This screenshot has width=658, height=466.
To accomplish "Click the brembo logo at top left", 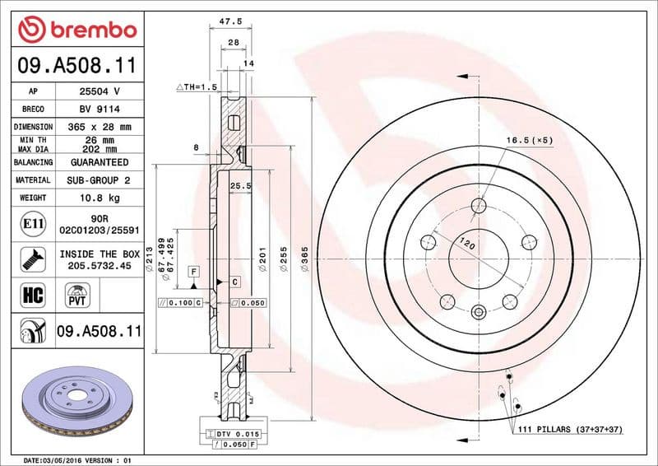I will (76, 30).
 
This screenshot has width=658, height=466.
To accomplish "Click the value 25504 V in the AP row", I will (99, 91).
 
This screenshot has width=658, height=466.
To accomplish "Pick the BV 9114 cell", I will (99, 109).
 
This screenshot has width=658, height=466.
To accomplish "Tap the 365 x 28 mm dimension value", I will (99, 127).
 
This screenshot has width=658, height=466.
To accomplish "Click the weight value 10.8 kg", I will (99, 198).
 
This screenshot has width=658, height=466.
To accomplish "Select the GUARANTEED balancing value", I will (99, 162).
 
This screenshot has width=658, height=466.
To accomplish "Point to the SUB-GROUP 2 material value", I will (99, 179).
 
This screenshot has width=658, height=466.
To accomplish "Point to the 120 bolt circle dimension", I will (467, 245).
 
